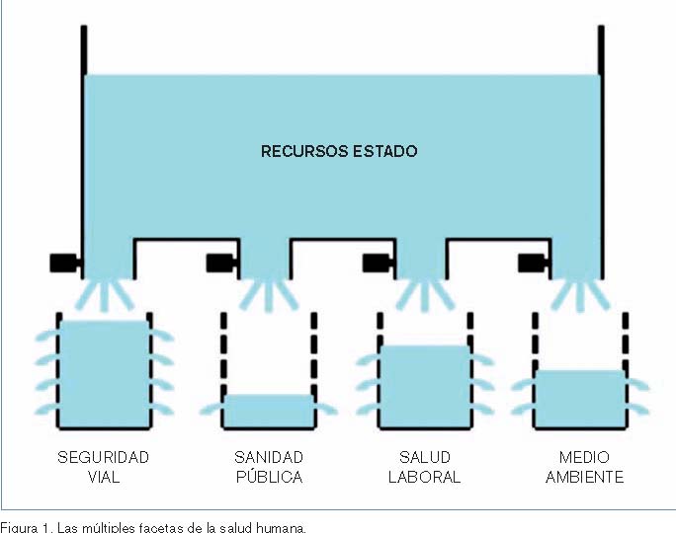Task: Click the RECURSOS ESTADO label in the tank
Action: pyautogui.click(x=339, y=152)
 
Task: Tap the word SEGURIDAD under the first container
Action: pyautogui.click(x=103, y=458)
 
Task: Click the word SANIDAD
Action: pyautogui.click(x=268, y=458)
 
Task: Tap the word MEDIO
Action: pyautogui.click(x=584, y=458)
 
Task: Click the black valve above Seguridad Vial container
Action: pyautogui.click(x=65, y=263)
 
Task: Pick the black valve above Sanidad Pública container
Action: pyautogui.click(x=219, y=263)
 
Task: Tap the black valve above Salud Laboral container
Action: pyautogui.click(x=377, y=263)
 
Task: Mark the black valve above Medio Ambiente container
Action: pyautogui.click(x=532, y=263)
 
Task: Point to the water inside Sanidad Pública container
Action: pyautogui.click(x=268, y=410)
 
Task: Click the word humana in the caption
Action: pyautogui.click(x=282, y=526)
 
